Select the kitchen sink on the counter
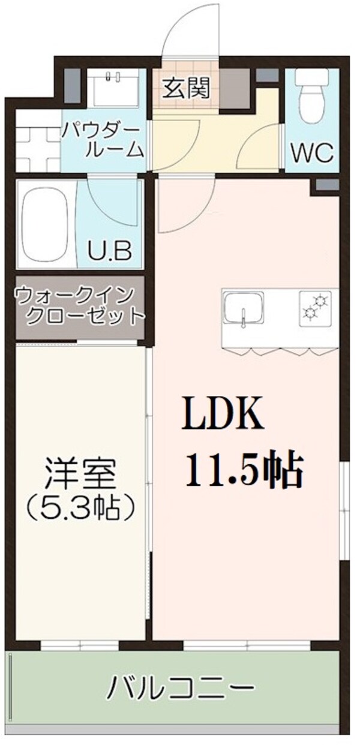(x=243, y=310)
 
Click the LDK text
(x=223, y=413)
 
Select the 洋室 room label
(x=79, y=475)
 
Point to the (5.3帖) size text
(x=79, y=509)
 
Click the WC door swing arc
(x=260, y=147)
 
